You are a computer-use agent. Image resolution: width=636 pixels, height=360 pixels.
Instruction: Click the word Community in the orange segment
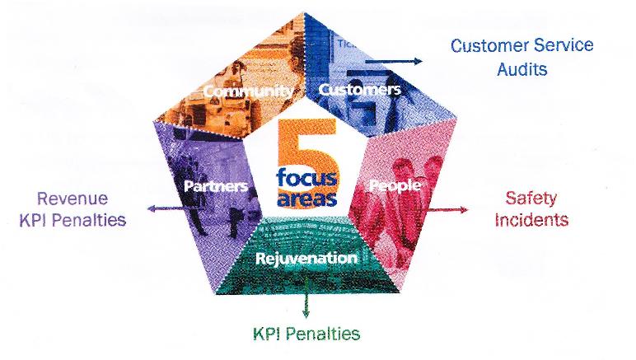[248, 91]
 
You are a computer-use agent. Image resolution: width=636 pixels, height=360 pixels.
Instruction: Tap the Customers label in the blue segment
[360, 89]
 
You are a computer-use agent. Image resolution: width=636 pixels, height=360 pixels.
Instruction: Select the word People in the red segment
[395, 185]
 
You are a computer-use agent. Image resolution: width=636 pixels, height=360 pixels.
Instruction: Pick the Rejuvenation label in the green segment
[306, 258]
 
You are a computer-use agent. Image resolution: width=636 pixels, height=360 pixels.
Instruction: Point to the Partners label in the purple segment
[216, 186]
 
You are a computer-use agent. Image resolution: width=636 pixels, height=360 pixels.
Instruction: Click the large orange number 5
[308, 162]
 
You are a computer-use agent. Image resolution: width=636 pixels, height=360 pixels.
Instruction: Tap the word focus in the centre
[306, 177]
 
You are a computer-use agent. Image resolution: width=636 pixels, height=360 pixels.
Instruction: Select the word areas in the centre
[307, 198]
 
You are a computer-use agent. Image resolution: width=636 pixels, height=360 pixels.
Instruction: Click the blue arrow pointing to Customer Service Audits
[394, 62]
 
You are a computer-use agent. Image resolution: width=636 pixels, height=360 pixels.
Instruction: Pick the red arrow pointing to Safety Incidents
[447, 209]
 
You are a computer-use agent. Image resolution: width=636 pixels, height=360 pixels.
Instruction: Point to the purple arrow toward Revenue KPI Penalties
[166, 208]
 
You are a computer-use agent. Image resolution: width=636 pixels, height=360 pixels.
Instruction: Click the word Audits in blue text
[522, 69]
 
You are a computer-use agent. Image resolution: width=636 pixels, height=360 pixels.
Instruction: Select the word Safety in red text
[531, 199]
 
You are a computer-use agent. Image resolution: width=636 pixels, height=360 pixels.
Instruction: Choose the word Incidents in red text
[531, 220]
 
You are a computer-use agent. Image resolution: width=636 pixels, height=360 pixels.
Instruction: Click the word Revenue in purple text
[72, 199]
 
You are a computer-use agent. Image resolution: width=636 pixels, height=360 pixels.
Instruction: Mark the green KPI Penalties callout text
[306, 334]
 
